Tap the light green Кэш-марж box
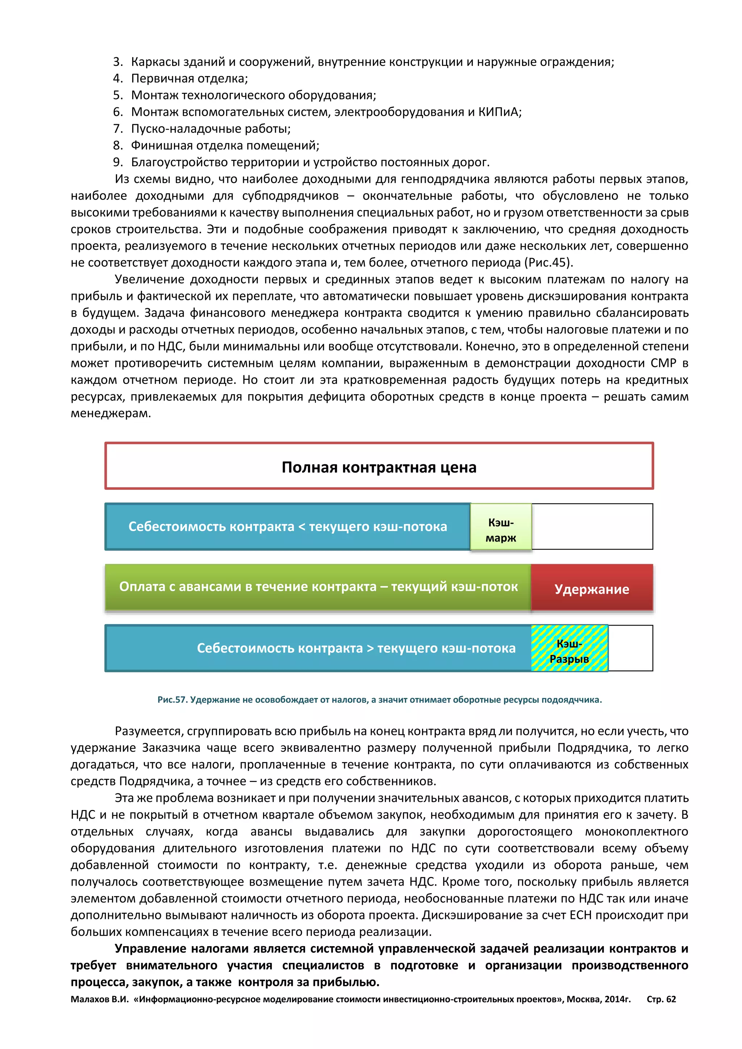501,529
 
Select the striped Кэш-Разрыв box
569,648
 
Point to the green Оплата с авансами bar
318,587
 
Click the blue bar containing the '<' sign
287,526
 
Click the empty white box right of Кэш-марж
592,526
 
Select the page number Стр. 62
661,999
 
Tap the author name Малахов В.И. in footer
100,999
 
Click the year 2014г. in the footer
617,999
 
